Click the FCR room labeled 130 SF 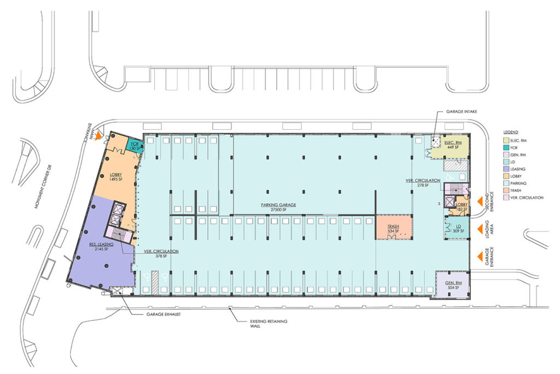pyautogui.click(x=135, y=145)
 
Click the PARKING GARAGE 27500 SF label pyautogui.click(x=278, y=207)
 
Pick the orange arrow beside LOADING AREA pyautogui.click(x=483, y=228)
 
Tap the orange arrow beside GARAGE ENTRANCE pyautogui.click(x=483, y=256)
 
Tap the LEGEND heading pyautogui.click(x=511, y=133)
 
